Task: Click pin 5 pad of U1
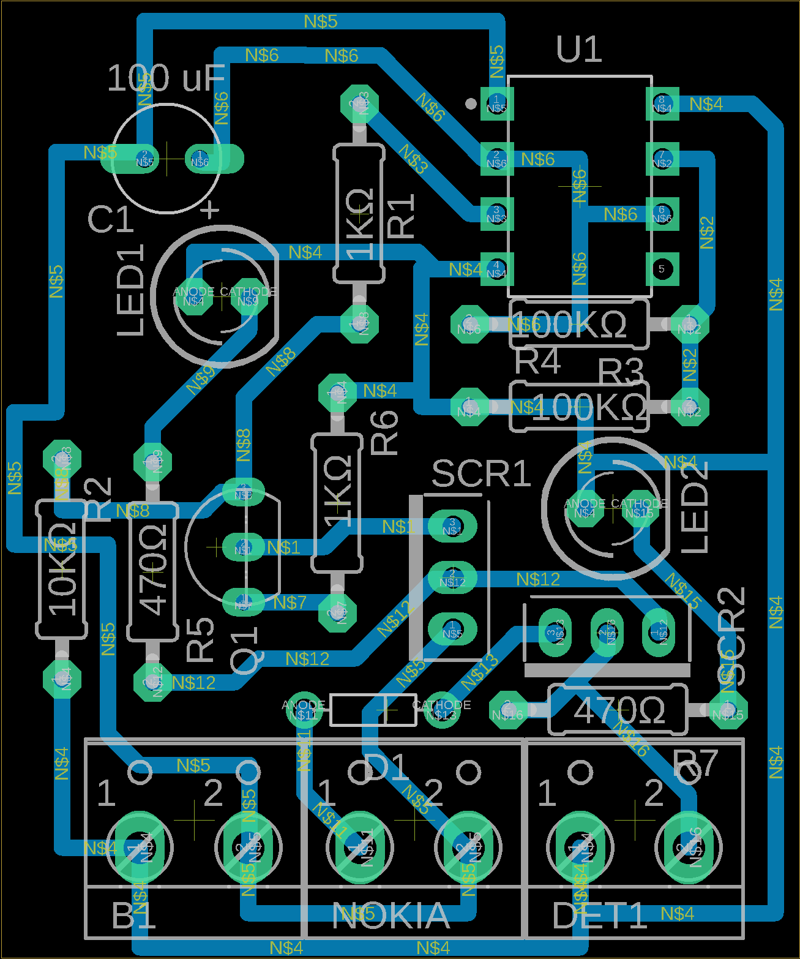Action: pyautogui.click(x=662, y=269)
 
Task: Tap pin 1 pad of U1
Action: pyautogui.click(x=496, y=103)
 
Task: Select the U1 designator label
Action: pyautogui.click(x=578, y=50)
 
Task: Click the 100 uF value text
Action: pyautogui.click(x=166, y=78)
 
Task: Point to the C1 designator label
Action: pyautogui.click(x=111, y=219)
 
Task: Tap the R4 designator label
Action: pyautogui.click(x=537, y=361)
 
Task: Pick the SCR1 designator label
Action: pyautogui.click(x=481, y=473)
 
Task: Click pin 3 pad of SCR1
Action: pyautogui.click(x=452, y=526)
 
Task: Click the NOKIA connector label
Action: pyautogui.click(x=391, y=916)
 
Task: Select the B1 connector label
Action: pyautogui.click(x=133, y=916)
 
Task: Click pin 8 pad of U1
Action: pyautogui.click(x=662, y=103)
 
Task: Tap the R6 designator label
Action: pyautogui.click(x=384, y=433)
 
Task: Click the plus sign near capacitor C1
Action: pyautogui.click(x=211, y=209)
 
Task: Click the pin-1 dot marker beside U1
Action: pyautogui.click(x=470, y=103)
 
